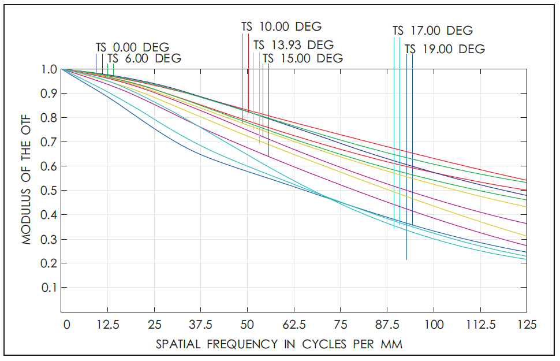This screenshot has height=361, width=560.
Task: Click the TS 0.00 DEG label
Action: tap(133, 47)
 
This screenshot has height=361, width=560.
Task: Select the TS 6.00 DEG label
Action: tap(144, 58)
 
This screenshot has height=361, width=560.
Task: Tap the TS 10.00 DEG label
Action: tap(281, 27)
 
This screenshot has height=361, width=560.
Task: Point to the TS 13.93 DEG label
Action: tap(293, 44)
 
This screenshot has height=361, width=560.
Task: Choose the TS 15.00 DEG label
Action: tap(303, 58)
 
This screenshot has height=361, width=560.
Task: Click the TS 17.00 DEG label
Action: tap(432, 31)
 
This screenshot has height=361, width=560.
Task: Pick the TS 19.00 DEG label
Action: tap(445, 49)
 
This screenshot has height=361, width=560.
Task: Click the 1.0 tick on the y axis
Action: tap(50, 69)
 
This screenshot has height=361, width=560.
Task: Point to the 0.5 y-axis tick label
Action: tap(50, 191)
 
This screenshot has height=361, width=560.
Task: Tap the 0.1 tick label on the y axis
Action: tap(50, 288)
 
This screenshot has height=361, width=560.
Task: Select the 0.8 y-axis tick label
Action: tap(50, 118)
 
